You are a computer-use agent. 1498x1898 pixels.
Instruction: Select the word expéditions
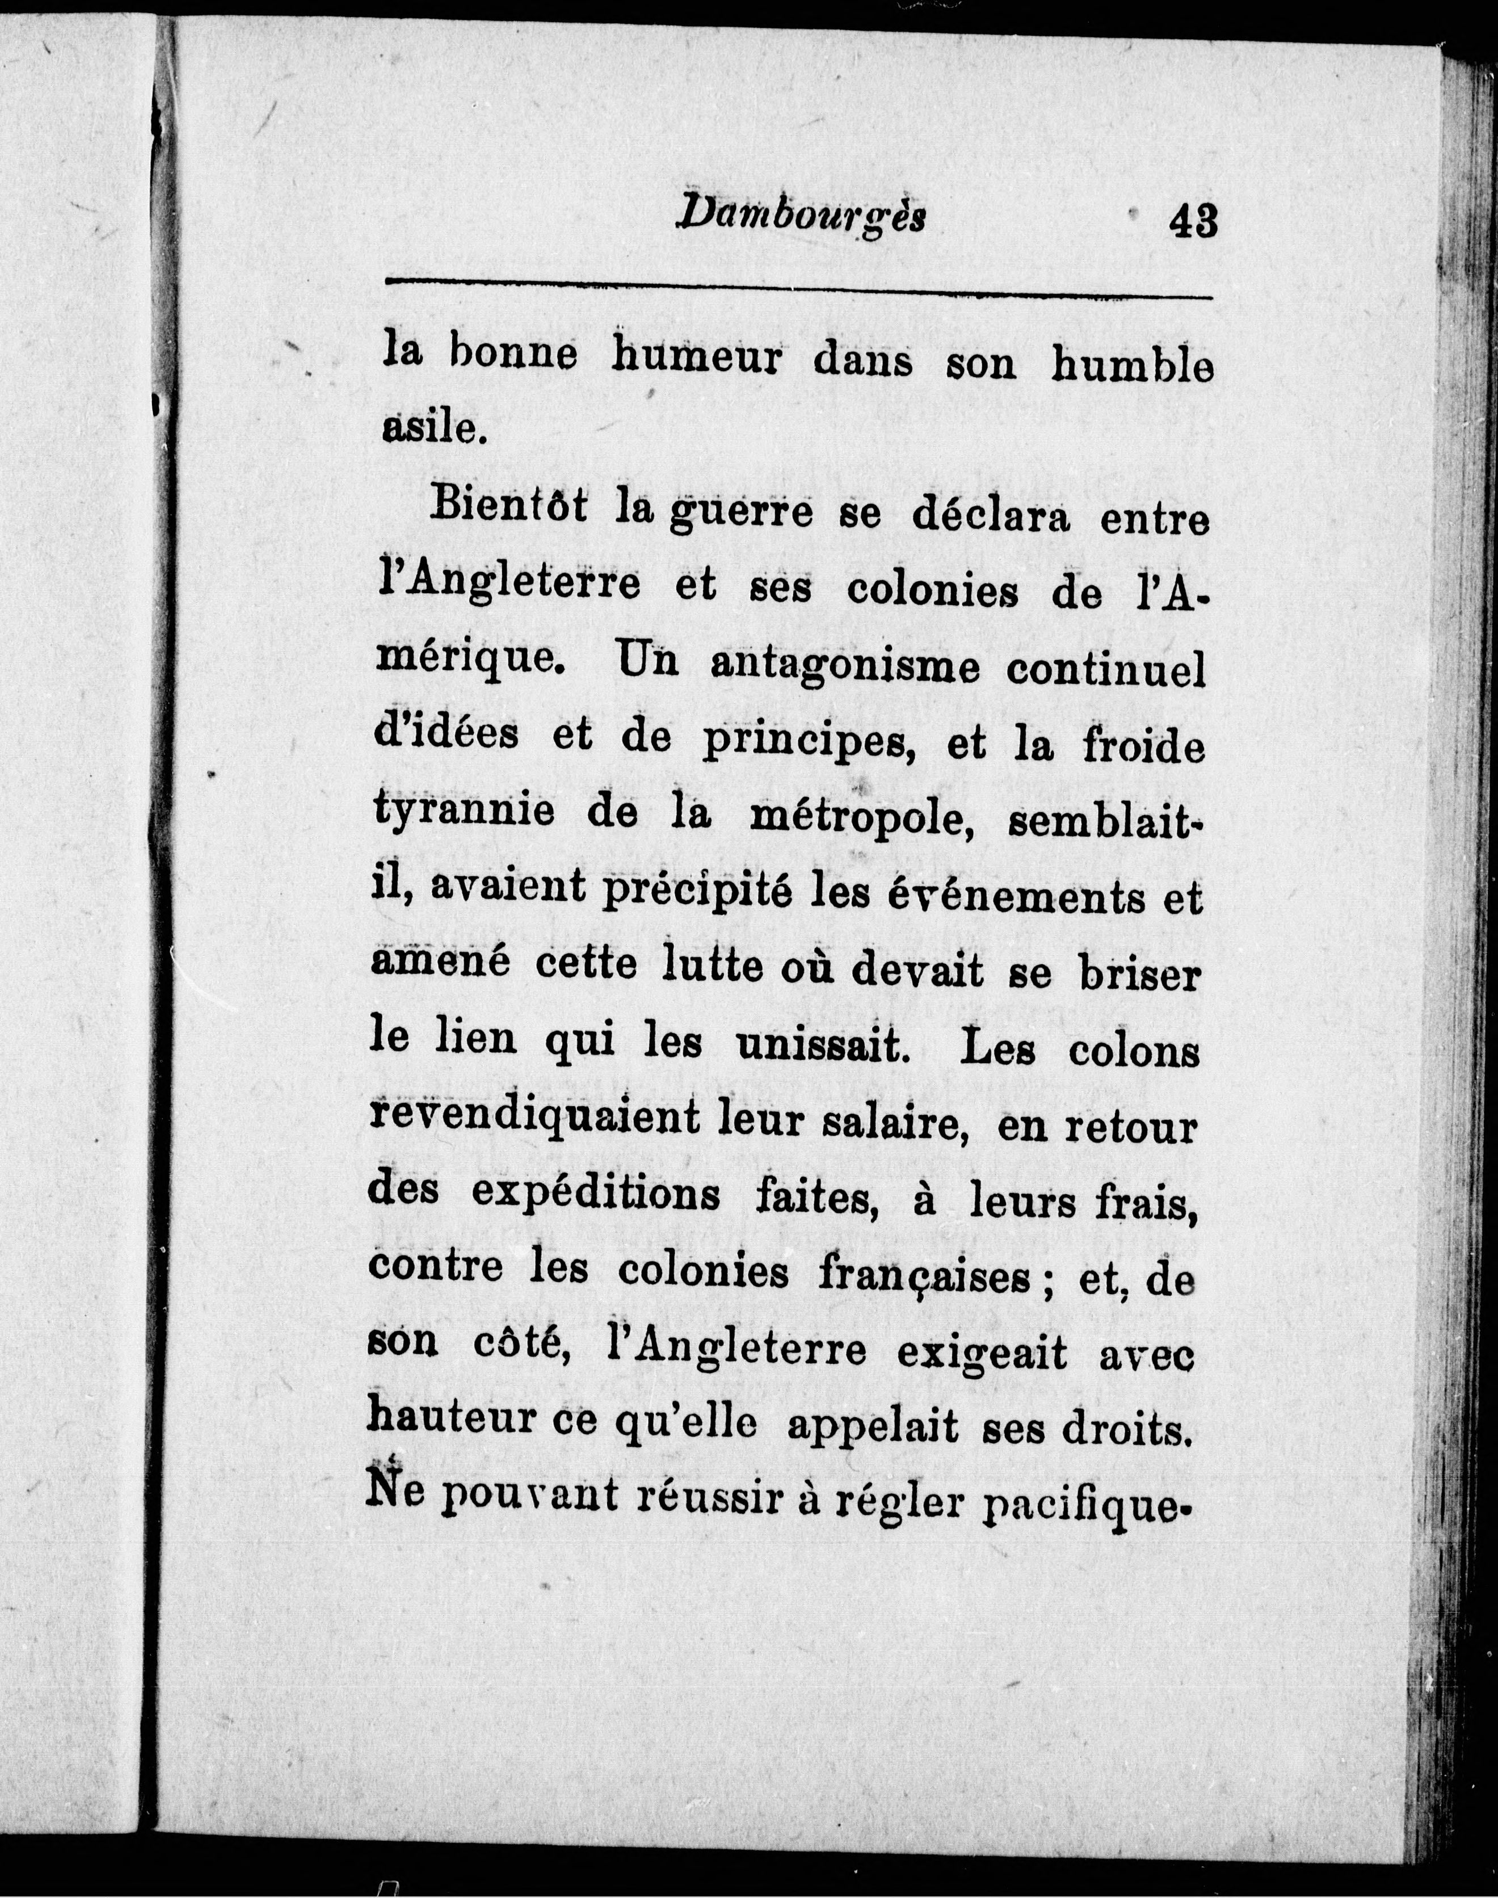(596, 1195)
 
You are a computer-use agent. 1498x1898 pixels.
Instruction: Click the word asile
(432, 427)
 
